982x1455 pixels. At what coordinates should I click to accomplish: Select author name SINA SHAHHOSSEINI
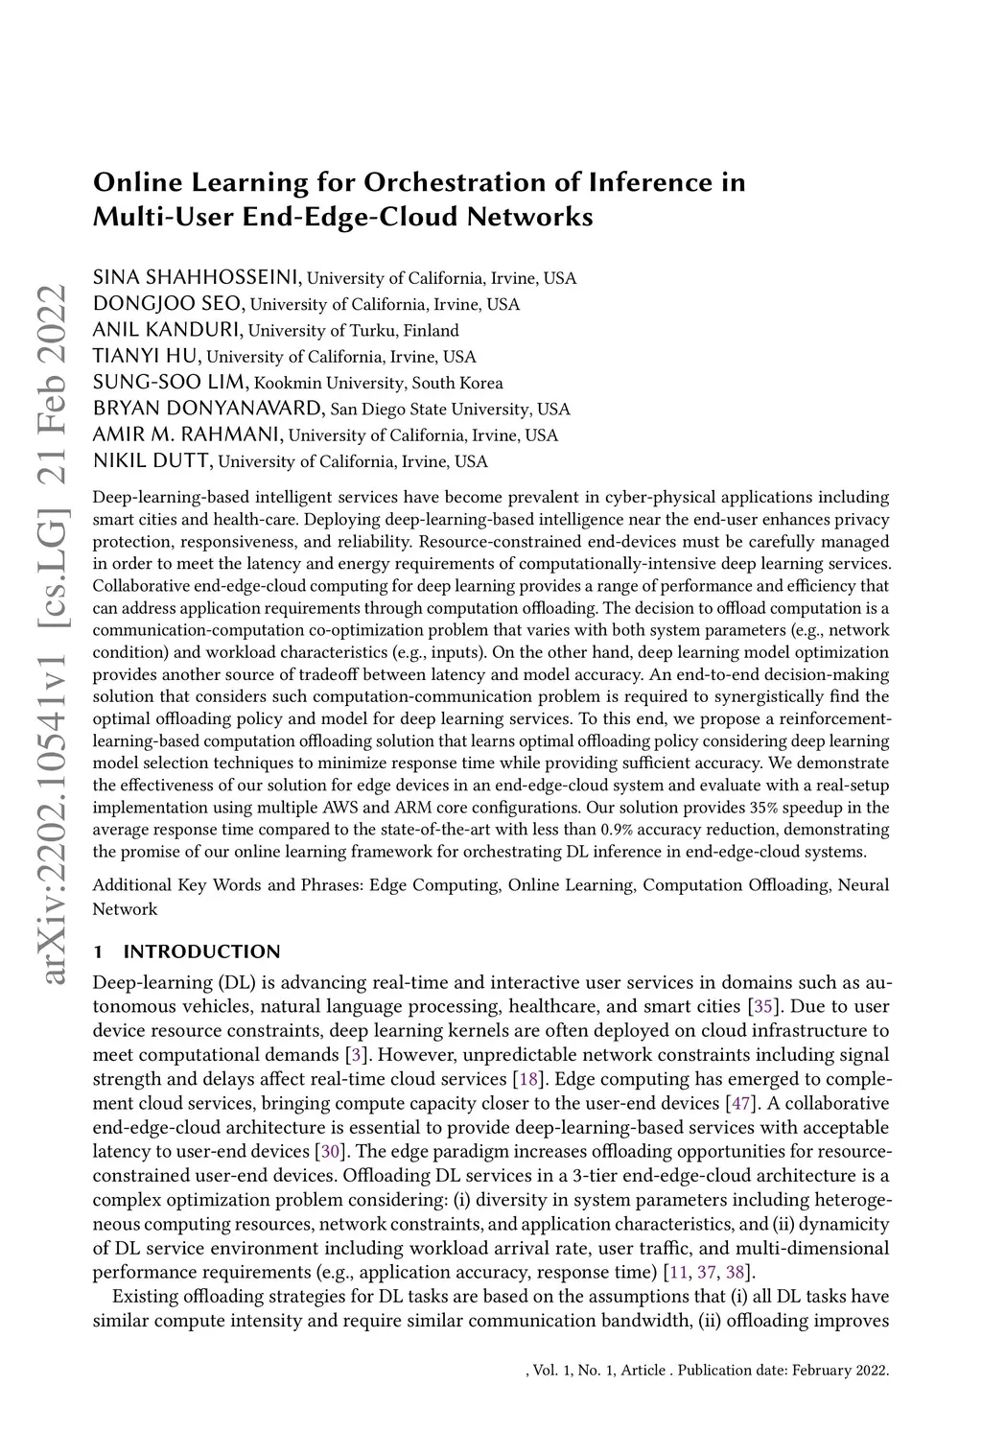pyautogui.click(x=197, y=279)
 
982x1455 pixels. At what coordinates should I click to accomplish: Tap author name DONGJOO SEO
pyautogui.click(x=169, y=305)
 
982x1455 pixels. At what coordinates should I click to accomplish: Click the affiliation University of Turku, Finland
pyautogui.click(x=354, y=332)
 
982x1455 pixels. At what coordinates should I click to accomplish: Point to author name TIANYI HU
pyautogui.click(x=146, y=358)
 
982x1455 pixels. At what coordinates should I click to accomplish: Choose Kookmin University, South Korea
pyautogui.click(x=378, y=384)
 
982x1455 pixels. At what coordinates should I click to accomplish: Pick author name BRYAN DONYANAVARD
pyautogui.click(x=208, y=410)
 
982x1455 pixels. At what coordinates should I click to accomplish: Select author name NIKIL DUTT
pyautogui.click(x=152, y=461)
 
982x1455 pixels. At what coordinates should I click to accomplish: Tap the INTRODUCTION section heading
pyautogui.click(x=201, y=952)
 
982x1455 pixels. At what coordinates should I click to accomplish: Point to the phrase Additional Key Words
pyautogui.click(x=166, y=885)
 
